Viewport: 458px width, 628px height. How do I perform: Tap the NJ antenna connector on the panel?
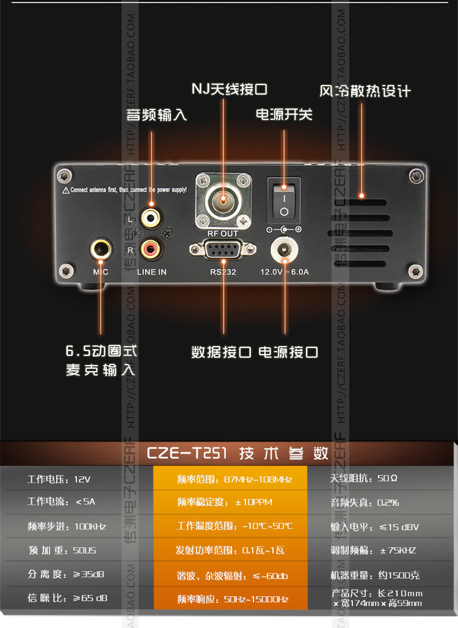[x=224, y=199]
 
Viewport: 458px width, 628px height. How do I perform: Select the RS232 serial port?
[x=223, y=250]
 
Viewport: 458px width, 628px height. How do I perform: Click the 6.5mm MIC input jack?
[x=101, y=248]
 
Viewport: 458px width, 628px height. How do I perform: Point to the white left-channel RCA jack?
[x=150, y=216]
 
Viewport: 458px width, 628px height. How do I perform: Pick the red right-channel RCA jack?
[x=150, y=248]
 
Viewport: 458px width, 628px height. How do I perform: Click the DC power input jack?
[x=284, y=249]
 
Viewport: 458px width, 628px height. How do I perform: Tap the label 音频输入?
[x=156, y=114]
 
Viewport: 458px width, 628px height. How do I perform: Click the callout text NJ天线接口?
[x=229, y=89]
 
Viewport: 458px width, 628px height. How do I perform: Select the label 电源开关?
[x=283, y=114]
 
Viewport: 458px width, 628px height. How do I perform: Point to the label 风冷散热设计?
[x=365, y=91]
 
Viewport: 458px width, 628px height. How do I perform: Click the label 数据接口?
[x=222, y=352]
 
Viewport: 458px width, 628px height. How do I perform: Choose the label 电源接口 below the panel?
[x=288, y=352]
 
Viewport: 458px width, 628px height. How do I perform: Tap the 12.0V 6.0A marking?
[x=285, y=272]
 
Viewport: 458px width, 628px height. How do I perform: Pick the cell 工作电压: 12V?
[x=59, y=479]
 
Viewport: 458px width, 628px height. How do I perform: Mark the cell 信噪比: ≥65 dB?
[x=67, y=597]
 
